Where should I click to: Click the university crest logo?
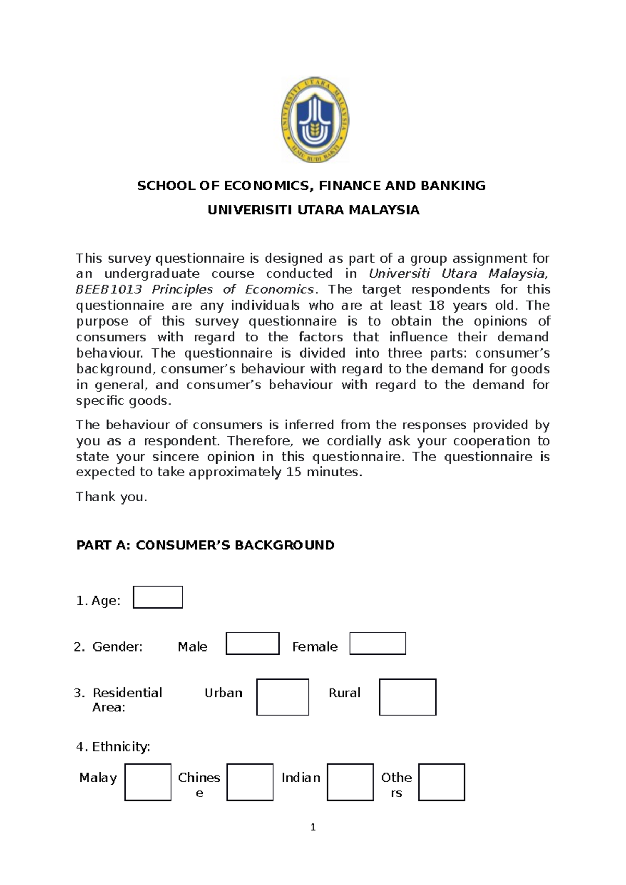[315, 120]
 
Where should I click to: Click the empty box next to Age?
[158, 597]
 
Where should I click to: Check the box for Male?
[252, 644]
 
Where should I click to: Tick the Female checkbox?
[377, 644]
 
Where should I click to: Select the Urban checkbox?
[282, 697]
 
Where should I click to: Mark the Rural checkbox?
[407, 697]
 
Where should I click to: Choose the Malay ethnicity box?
[148, 782]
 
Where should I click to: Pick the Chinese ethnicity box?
[250, 782]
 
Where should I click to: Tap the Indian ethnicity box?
[350, 782]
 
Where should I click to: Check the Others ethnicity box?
[441, 782]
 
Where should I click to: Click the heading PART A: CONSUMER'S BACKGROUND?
[205, 545]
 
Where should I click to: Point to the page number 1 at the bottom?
[313, 828]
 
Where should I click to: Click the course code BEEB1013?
[109, 289]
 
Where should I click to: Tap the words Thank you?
[111, 497]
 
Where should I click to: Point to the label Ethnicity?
[121, 746]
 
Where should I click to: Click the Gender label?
[117, 647]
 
